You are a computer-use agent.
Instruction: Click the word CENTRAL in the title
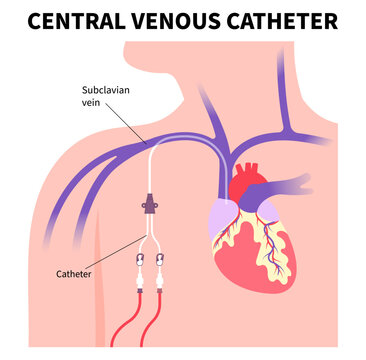81,20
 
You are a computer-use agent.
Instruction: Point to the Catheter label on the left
76,272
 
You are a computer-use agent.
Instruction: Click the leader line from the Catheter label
115,257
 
